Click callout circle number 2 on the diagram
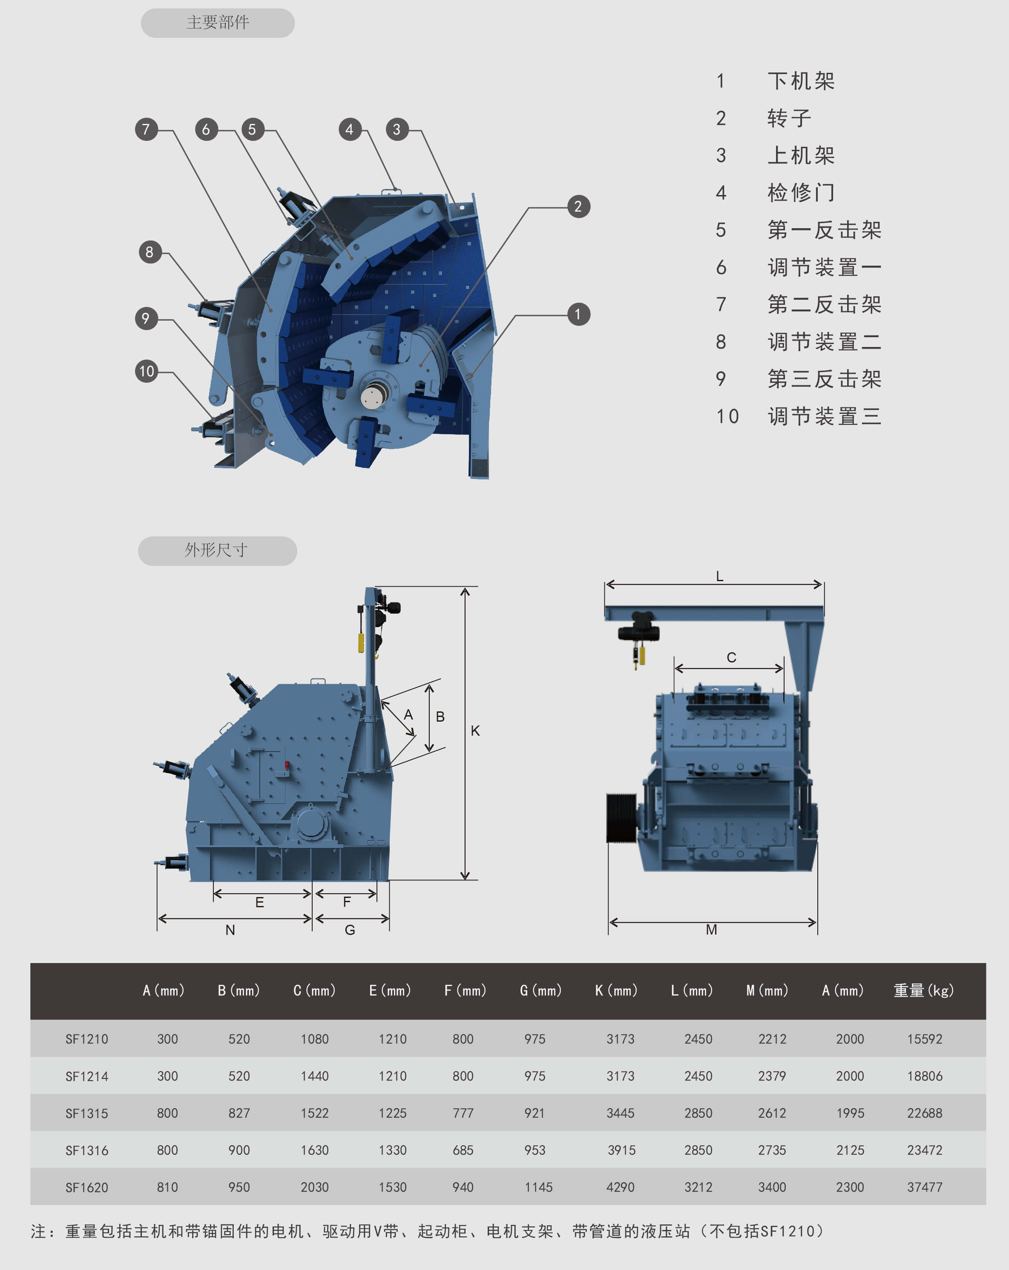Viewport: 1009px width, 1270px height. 578,207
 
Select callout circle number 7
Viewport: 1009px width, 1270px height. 146,129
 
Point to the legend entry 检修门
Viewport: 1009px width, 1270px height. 800,192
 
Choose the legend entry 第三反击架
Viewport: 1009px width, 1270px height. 824,379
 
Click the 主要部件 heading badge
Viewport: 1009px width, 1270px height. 218,23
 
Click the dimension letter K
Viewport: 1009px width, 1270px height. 475,731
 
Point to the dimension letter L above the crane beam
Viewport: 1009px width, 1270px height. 720,576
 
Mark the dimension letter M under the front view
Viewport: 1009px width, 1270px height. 711,929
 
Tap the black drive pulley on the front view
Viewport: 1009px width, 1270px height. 621,817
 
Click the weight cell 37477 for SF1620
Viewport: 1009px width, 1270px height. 924,1187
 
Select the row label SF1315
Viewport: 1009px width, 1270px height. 86,1113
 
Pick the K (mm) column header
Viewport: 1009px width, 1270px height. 616,991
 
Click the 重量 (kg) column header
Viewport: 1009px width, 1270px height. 923,991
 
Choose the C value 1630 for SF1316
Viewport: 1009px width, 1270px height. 315,1150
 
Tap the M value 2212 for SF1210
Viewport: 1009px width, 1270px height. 772,1039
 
